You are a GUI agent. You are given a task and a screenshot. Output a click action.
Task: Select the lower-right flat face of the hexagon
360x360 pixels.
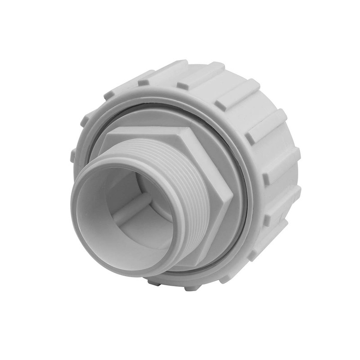click(x=216, y=234)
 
